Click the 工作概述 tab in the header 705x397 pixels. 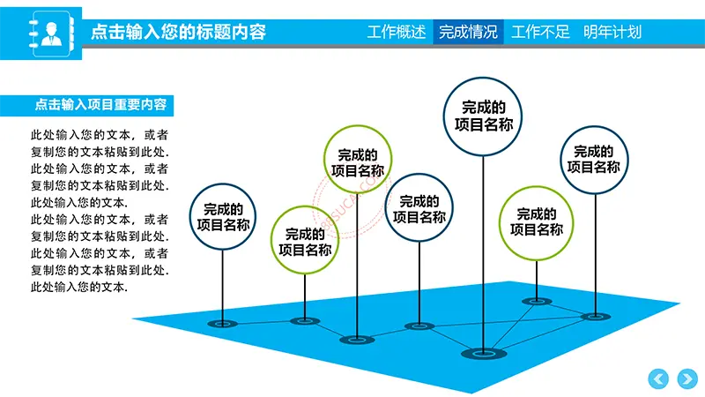(x=396, y=32)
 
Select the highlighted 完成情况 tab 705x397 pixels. (x=468, y=32)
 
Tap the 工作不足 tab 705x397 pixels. (x=540, y=32)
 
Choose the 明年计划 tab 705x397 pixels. (x=612, y=32)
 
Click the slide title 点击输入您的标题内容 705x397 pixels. (x=179, y=32)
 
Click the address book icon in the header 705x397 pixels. (x=51, y=34)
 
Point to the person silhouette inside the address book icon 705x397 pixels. (x=51, y=34)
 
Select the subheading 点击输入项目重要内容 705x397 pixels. (x=100, y=105)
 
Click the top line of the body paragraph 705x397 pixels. (x=100, y=135)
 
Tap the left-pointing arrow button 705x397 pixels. (x=658, y=378)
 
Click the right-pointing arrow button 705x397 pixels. (x=687, y=378)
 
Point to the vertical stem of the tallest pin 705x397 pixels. (x=483, y=255)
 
